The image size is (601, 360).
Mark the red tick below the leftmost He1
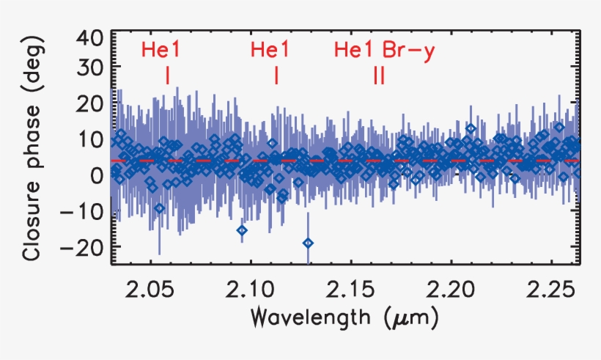(x=168, y=76)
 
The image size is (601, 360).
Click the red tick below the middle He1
(x=276, y=76)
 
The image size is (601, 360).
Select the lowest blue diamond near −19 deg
(x=308, y=243)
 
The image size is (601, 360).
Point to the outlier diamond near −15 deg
(x=242, y=230)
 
